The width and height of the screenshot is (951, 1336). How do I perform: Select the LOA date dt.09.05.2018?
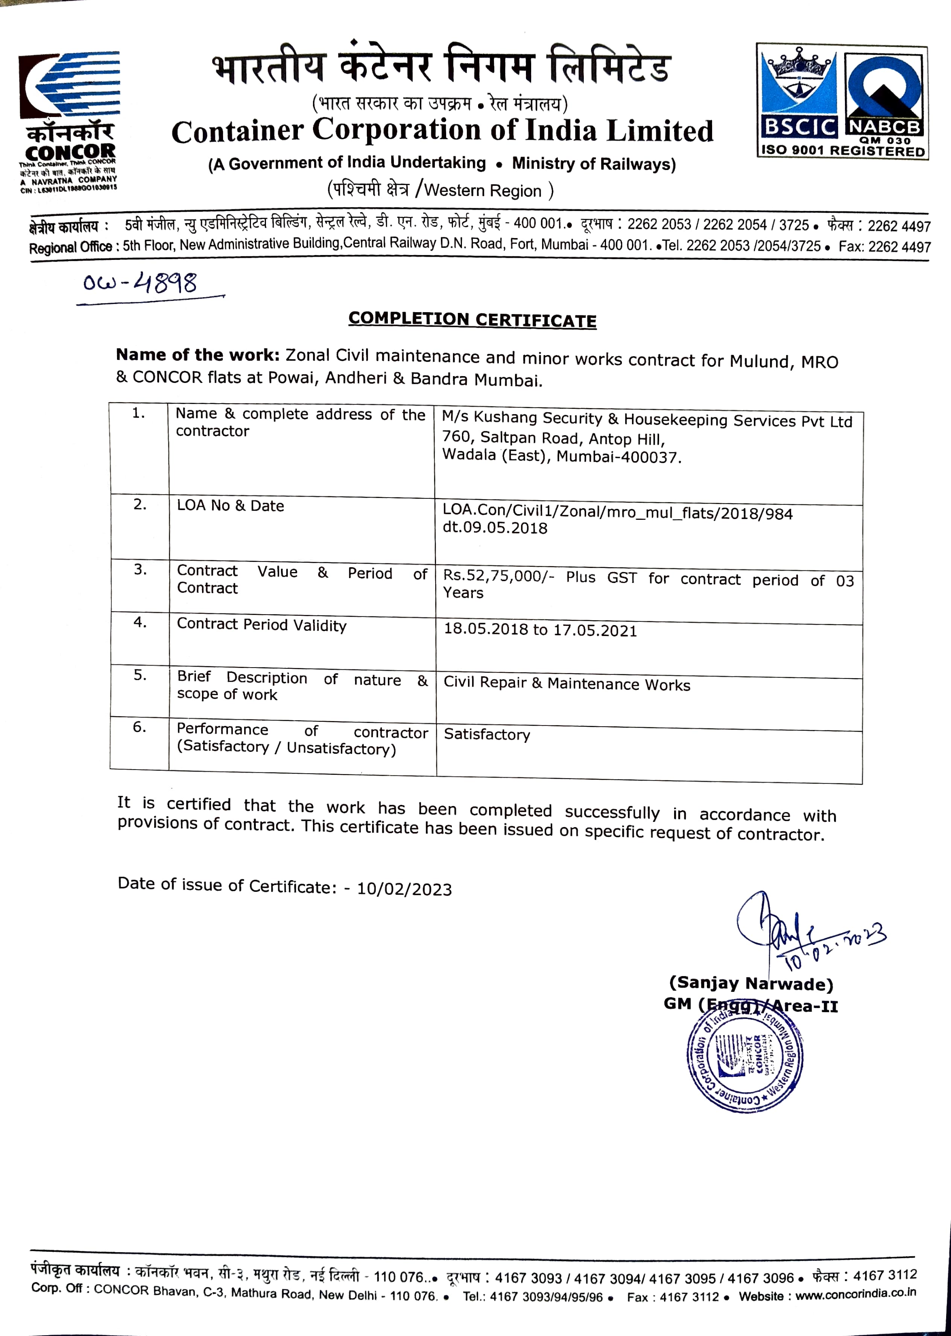tap(495, 528)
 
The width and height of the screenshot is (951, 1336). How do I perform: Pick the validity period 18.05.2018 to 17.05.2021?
tap(540, 630)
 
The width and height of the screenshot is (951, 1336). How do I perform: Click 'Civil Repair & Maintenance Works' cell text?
tap(567, 684)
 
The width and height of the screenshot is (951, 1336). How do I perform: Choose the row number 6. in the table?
tap(139, 727)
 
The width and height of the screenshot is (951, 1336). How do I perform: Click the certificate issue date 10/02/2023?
tap(404, 889)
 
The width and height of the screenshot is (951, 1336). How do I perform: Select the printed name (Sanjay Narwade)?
tap(751, 983)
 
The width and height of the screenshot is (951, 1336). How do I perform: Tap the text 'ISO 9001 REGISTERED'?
tap(842, 151)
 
